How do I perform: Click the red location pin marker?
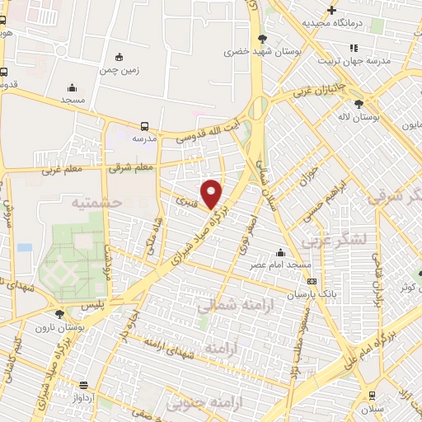click(212, 193)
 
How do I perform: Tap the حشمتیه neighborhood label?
click(96, 202)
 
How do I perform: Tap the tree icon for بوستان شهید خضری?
click(263, 38)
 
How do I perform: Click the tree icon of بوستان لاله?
click(358, 105)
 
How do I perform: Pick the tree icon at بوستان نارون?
click(59, 313)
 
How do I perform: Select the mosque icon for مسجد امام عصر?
click(280, 252)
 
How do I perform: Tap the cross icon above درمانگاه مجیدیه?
click(331, 11)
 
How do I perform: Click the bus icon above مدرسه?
click(144, 126)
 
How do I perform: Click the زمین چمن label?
click(121, 70)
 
